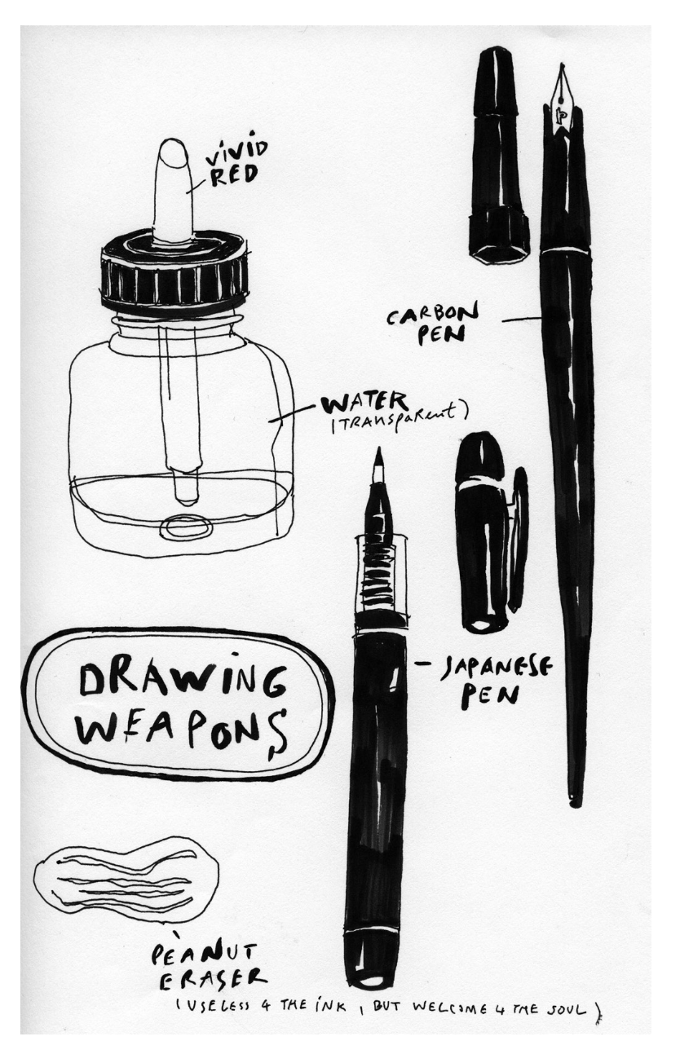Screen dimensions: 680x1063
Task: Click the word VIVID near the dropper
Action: (236, 153)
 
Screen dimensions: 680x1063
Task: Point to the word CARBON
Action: (433, 314)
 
